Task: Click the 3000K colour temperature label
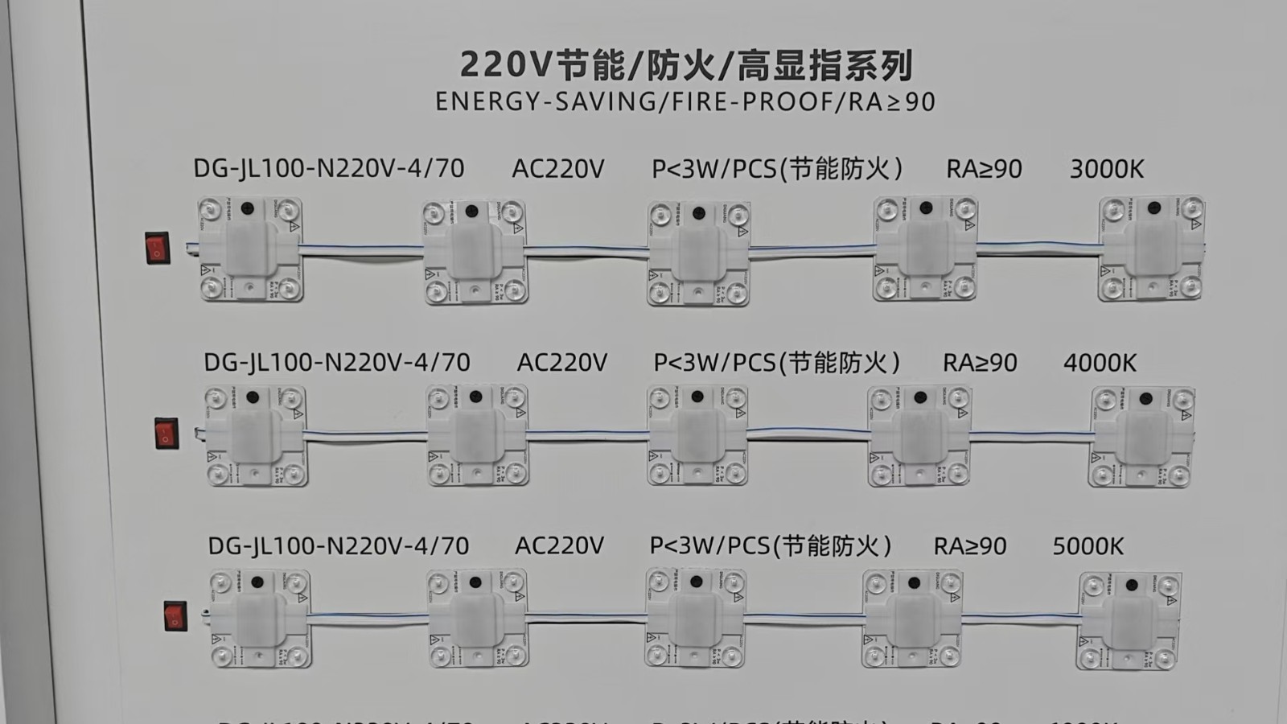tap(1106, 169)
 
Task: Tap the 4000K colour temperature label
tap(1100, 363)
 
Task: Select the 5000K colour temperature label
tap(1088, 546)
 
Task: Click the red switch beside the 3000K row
tap(158, 248)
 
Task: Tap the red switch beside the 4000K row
tap(167, 434)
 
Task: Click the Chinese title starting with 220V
tap(685, 64)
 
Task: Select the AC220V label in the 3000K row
tap(557, 169)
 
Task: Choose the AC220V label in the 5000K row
tap(559, 546)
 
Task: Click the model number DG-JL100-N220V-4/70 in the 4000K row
tap(336, 363)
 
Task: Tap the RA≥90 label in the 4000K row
tap(980, 363)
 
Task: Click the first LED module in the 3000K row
tap(250, 249)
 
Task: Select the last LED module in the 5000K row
tap(1130, 621)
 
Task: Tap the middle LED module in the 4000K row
tap(697, 435)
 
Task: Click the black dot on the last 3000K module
tap(1154, 208)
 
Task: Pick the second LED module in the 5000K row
tap(477, 618)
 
